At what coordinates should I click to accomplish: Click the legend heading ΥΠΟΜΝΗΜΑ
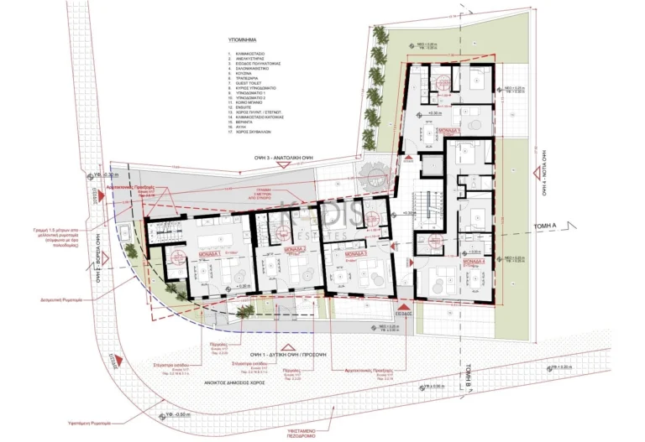click(242, 39)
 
